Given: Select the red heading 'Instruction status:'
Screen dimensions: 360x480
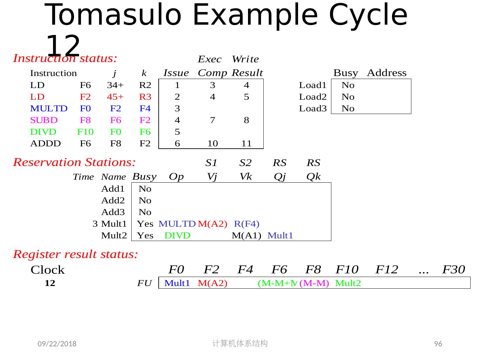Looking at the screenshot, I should (x=65, y=59).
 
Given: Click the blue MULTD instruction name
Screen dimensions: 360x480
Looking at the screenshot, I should (x=49, y=109).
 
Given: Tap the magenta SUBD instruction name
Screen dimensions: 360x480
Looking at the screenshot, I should (x=44, y=120).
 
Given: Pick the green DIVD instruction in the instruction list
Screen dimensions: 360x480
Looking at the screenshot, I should (x=43, y=132).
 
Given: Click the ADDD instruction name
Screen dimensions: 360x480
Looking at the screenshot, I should (x=45, y=144).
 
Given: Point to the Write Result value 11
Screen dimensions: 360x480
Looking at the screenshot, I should (x=246, y=144).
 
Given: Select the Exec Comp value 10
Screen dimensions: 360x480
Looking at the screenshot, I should (x=212, y=144).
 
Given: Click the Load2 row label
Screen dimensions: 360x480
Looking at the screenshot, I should (x=312, y=97).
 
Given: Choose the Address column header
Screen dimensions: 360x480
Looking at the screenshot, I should (x=387, y=73).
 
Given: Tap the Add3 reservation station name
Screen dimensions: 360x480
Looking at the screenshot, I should (x=113, y=212).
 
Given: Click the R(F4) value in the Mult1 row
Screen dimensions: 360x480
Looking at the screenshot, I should (x=246, y=224).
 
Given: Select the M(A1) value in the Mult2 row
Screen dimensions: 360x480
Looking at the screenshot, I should (x=246, y=236).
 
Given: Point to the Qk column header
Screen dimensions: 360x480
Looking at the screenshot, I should (x=313, y=177).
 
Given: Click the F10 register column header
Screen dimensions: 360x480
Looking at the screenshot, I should (x=347, y=269).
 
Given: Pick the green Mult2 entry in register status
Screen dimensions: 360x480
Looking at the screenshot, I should (x=348, y=283).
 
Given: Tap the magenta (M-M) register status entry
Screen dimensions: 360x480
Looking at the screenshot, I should (x=314, y=283).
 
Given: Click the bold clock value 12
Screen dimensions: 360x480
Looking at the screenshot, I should (x=50, y=283).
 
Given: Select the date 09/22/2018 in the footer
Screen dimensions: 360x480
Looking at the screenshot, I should (x=57, y=344).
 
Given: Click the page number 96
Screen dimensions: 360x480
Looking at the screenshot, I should (x=438, y=344).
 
